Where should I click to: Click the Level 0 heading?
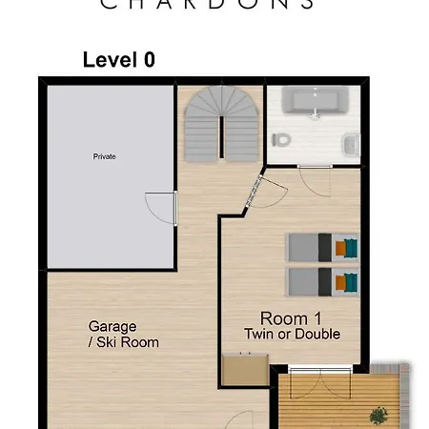[118, 59]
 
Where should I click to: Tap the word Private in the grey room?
[104, 156]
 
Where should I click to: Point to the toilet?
[281, 139]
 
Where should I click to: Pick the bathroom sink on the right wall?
[351, 144]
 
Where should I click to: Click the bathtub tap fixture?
[315, 113]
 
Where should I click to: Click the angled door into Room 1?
[252, 194]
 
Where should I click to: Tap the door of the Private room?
[163, 208]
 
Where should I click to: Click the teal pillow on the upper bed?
[351, 248]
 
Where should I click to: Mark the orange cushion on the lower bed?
[340, 281]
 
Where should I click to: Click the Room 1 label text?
[284, 318]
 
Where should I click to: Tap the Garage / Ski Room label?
[123, 334]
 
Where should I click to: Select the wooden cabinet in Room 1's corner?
[244, 370]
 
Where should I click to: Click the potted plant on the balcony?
[379, 415]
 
